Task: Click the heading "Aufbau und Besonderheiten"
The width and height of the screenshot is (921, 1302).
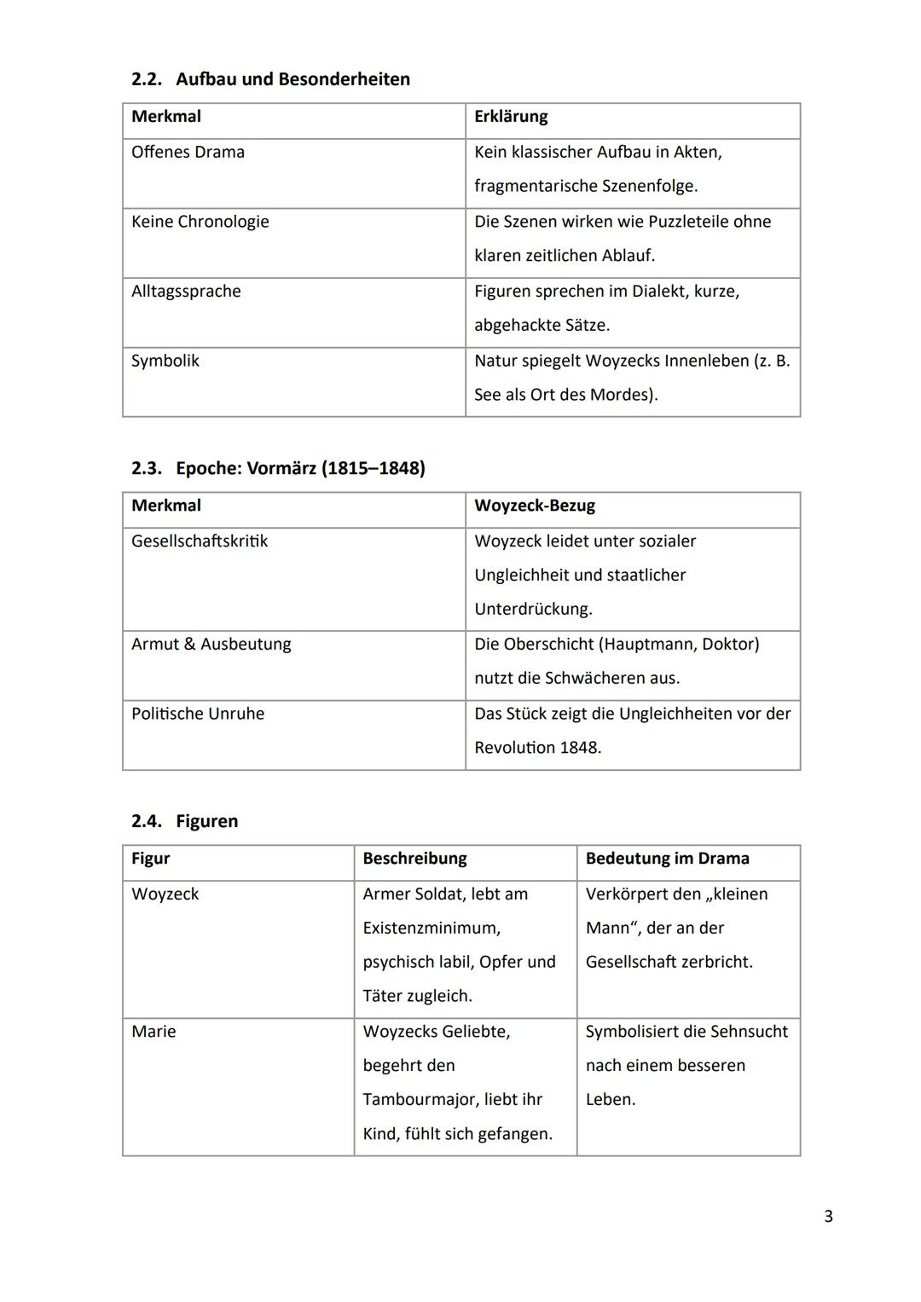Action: point(292,79)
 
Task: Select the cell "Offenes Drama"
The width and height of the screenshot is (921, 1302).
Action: point(188,153)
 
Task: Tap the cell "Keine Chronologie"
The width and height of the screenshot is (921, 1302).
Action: point(200,222)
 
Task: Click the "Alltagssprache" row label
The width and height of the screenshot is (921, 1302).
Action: point(186,292)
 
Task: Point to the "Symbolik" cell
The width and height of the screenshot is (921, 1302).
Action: point(165,361)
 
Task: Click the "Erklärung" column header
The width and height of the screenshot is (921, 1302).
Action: point(511,117)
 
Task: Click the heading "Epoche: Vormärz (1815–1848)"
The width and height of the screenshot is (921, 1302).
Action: point(299,468)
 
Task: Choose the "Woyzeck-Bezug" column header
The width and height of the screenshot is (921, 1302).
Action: point(535,506)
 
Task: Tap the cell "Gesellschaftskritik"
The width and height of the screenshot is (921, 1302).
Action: point(200,541)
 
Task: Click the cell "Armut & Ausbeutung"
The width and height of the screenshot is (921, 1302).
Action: point(211,645)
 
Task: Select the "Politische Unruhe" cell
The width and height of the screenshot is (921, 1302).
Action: point(198,714)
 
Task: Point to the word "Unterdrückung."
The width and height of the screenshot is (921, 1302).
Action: point(533,610)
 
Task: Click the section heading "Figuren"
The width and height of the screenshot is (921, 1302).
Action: point(206,821)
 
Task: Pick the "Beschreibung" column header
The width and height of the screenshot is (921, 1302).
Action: point(414,859)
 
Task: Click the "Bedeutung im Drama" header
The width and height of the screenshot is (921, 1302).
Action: point(667,859)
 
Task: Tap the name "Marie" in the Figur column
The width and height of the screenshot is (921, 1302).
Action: point(153,1032)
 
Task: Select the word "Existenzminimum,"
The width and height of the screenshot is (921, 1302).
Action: point(432,929)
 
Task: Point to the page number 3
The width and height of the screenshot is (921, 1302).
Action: point(828,1217)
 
